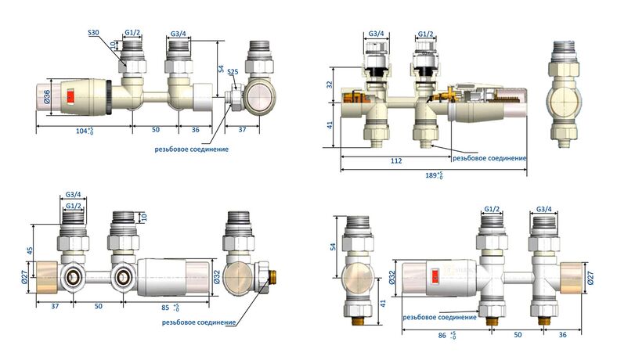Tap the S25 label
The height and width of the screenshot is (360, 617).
pyautogui.click(x=233, y=71)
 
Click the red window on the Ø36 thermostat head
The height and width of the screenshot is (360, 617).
pyautogui.click(x=70, y=99)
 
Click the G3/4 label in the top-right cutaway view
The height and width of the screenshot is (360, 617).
pyautogui.click(x=377, y=34)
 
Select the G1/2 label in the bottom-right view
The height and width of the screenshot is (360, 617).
pyautogui.click(x=493, y=210)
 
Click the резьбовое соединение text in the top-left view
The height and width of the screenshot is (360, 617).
pyautogui.click(x=192, y=149)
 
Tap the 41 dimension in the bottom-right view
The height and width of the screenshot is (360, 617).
pyautogui.click(x=383, y=301)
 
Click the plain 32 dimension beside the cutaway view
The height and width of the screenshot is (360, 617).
pyautogui.click(x=330, y=84)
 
